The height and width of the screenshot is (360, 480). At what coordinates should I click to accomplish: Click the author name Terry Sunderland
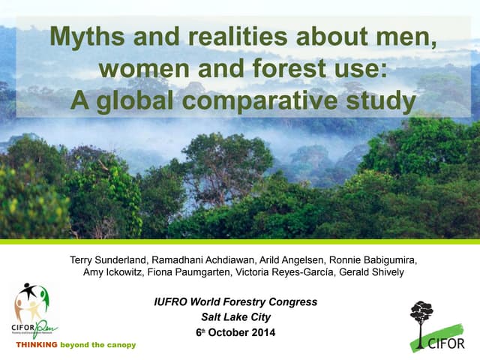pyautogui.click(x=112, y=260)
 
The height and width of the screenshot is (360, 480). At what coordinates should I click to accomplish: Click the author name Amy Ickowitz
pyautogui.click(x=110, y=272)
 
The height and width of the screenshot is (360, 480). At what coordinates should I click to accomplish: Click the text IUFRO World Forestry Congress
pyautogui.click(x=235, y=301)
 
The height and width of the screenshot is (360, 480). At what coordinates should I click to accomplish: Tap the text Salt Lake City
pyautogui.click(x=235, y=316)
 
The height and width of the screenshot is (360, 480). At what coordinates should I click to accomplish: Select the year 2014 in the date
pyautogui.click(x=259, y=332)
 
